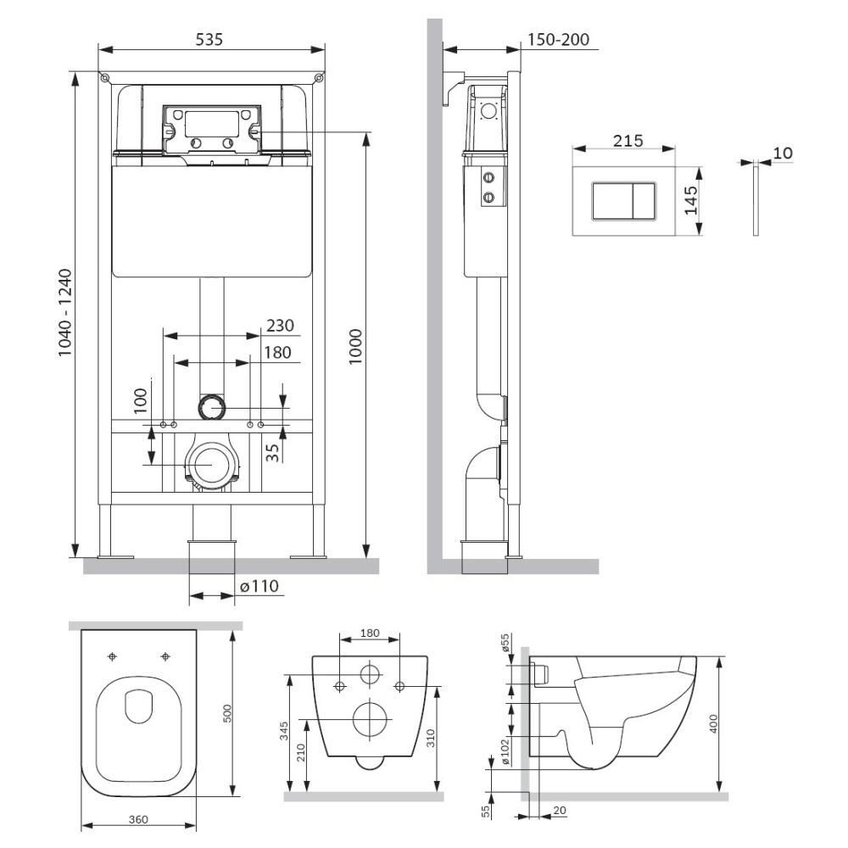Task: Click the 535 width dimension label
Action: tap(209, 39)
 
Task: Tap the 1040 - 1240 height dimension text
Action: tap(64, 313)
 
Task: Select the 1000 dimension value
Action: tap(354, 347)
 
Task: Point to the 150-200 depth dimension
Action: tap(558, 40)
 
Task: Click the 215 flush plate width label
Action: tap(628, 141)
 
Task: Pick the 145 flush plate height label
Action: tap(690, 200)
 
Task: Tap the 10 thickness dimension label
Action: tap(783, 153)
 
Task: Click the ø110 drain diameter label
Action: tap(259, 586)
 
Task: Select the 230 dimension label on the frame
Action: tap(280, 326)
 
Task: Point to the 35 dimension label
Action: tap(273, 452)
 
